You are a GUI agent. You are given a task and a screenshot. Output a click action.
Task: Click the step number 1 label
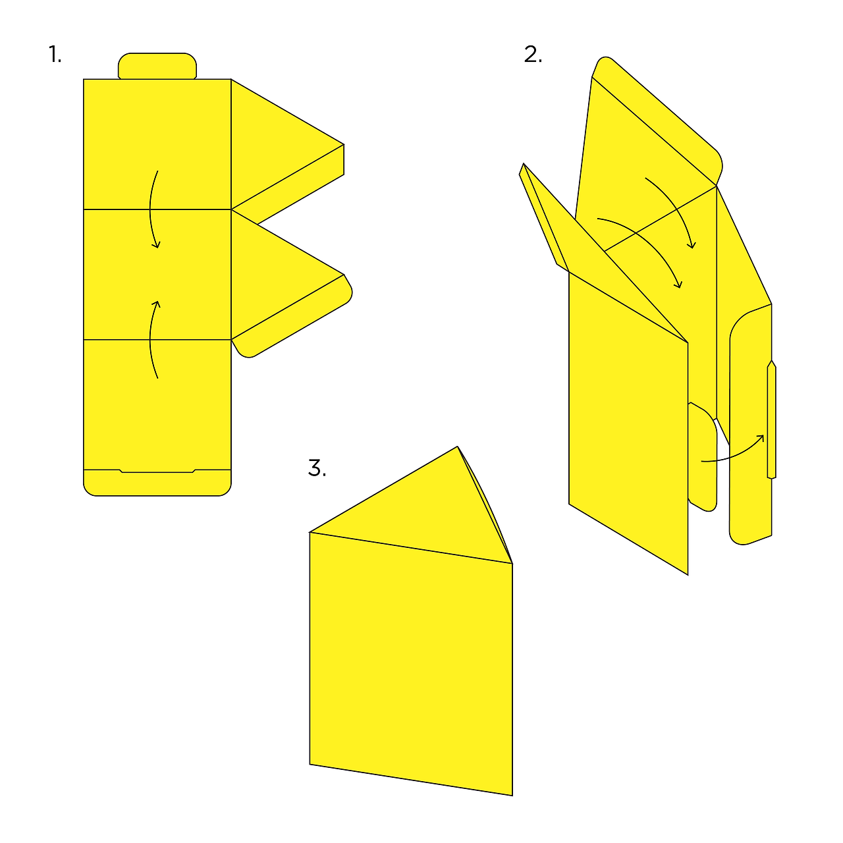(x=55, y=54)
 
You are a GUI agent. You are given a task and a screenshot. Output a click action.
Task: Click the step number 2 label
(x=533, y=54)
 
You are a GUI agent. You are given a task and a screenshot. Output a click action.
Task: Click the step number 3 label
(x=317, y=468)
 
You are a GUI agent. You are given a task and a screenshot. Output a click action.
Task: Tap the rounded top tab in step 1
(x=157, y=66)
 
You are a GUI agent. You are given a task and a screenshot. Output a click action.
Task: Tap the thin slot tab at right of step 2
(x=771, y=419)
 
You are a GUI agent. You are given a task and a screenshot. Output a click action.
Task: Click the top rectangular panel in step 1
(x=157, y=144)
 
